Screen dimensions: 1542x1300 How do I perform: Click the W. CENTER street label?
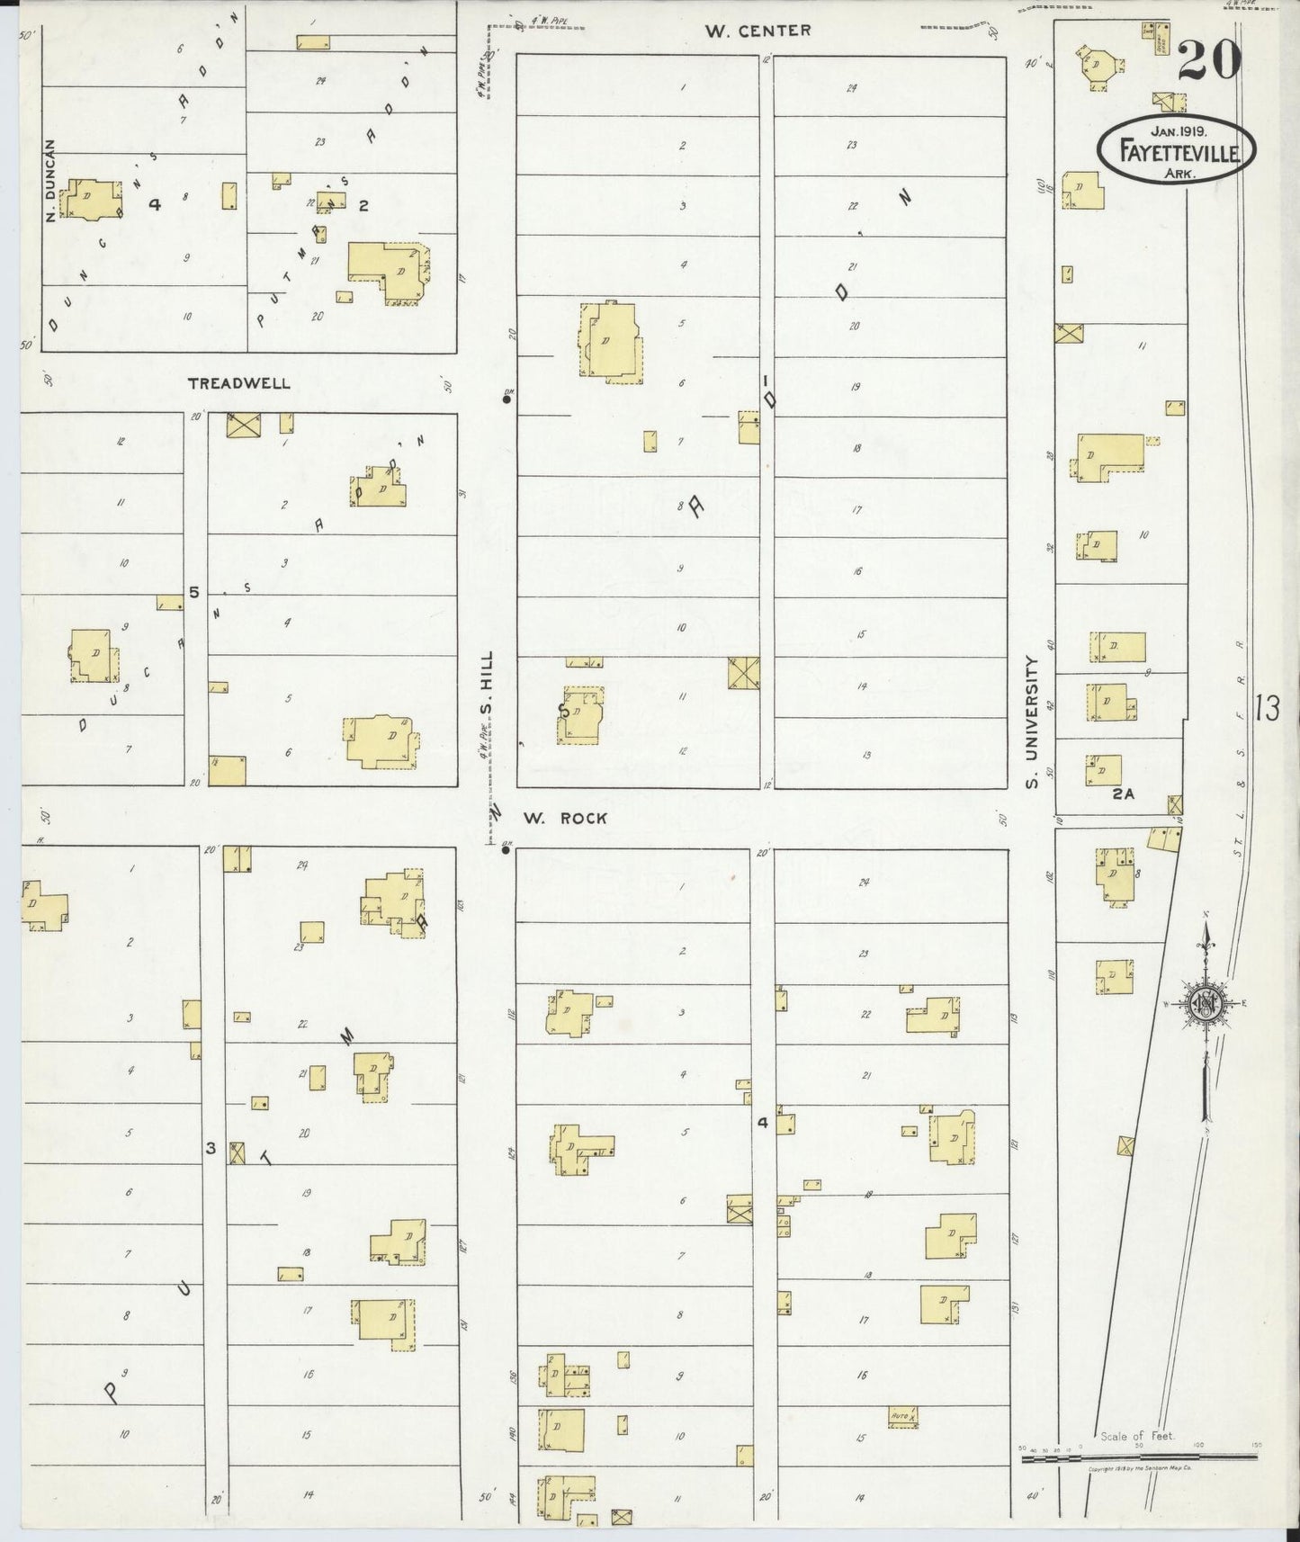758,31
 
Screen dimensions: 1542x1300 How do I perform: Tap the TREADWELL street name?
238,383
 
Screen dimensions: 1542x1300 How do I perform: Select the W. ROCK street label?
565,818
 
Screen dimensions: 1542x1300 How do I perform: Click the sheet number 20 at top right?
1207,60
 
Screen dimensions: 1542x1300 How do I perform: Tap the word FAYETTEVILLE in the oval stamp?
1175,152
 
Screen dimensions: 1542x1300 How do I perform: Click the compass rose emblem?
1205,1006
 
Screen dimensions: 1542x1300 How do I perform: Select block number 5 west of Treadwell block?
193,592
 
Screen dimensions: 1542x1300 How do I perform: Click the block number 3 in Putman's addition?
211,1148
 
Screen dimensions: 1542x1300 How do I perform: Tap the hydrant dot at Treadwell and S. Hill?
507,400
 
